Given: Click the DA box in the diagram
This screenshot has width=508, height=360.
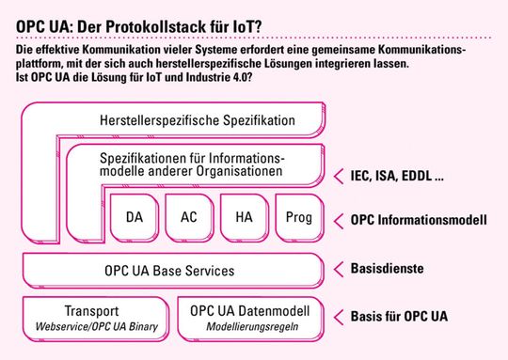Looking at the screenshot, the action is [134, 218].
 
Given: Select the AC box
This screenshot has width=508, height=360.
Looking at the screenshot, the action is [188, 218].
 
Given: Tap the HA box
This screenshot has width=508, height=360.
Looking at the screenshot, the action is [244, 218].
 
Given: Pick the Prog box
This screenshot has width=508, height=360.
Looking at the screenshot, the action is [297, 218].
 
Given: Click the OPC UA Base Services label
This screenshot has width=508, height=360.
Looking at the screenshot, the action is [169, 271].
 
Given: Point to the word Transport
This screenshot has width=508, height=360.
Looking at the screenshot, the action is [90, 311].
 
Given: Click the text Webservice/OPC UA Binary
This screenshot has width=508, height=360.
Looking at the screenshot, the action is [90, 327].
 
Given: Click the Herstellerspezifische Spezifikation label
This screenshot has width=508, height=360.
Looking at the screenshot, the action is [198, 120].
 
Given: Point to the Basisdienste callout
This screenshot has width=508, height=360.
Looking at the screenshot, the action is [387, 269].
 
